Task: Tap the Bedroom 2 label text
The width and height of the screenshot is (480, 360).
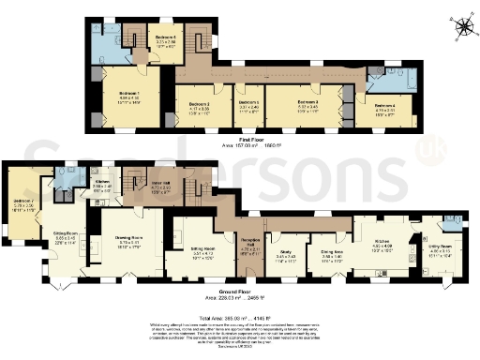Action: [x=198, y=104]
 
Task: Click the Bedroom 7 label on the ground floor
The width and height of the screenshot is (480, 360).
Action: [x=22, y=202]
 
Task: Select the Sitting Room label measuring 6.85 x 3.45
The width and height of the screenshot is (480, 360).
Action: [x=64, y=234]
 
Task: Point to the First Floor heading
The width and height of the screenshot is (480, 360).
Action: [x=240, y=139]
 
